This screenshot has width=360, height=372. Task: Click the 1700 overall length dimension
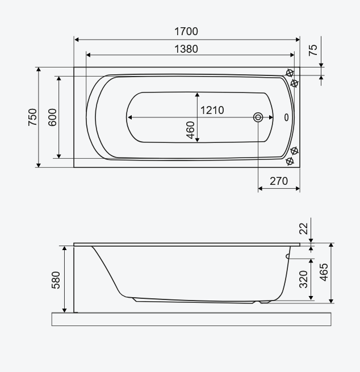tap(186, 31)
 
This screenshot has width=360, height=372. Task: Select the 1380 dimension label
tap(186, 49)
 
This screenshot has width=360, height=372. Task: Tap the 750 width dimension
tap(32, 117)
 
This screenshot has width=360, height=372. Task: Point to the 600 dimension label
tap(52, 117)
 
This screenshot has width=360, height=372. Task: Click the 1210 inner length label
tap(212, 111)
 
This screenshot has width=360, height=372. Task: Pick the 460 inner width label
tap(191, 130)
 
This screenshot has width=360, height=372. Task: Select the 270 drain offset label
tap(279, 181)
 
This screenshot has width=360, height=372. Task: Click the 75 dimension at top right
tap(313, 50)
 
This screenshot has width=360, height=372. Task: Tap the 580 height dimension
tap(56, 280)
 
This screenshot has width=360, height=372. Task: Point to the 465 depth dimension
tap(324, 272)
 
